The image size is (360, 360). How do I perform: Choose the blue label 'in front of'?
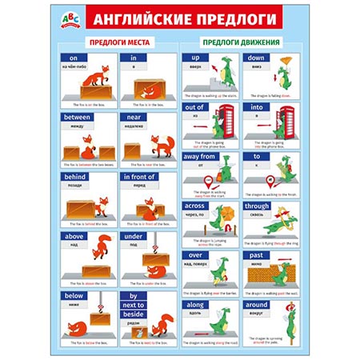point(142,176)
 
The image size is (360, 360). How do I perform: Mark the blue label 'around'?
point(258,305)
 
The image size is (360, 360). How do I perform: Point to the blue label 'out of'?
point(195,106)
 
